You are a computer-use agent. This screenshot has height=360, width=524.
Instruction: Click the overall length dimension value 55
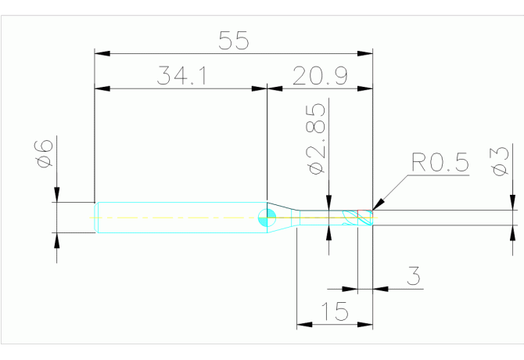[233, 41]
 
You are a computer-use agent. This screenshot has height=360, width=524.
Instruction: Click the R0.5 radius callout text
[439, 164]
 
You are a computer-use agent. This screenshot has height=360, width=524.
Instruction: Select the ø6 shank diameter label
[45, 153]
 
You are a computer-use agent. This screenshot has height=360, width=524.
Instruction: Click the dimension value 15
[336, 312]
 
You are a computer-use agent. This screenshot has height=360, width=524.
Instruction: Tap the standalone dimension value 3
[415, 276]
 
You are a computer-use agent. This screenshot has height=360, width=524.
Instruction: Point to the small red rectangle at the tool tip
[372, 212]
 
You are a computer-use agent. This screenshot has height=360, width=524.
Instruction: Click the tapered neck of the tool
[288, 217]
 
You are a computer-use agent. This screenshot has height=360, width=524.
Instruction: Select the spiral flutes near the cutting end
[357, 218]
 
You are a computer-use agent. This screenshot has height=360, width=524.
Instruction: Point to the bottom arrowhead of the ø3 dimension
[515, 231]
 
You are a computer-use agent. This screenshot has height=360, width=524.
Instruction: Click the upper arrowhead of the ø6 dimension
[56, 196]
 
